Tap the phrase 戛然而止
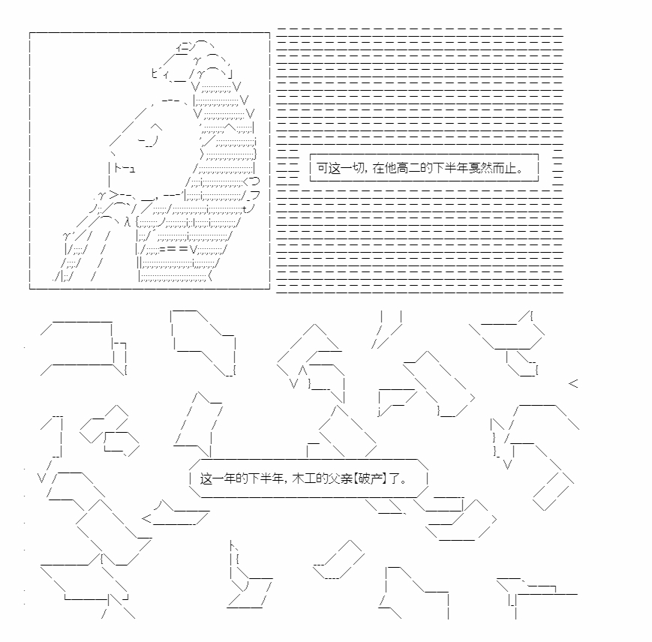(x=492, y=168)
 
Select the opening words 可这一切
(x=340, y=168)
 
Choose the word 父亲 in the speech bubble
(x=341, y=478)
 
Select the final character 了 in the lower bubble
(x=394, y=478)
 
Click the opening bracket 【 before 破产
(x=356, y=478)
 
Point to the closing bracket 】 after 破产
(x=384, y=478)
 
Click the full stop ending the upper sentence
(x=520, y=171)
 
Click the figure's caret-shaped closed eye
(x=156, y=127)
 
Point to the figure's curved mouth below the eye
(x=149, y=140)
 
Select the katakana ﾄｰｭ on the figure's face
(x=125, y=168)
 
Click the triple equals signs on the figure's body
(x=173, y=249)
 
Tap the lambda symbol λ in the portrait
(x=128, y=222)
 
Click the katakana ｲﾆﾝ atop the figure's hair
(x=185, y=46)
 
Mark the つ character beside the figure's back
(x=255, y=181)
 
